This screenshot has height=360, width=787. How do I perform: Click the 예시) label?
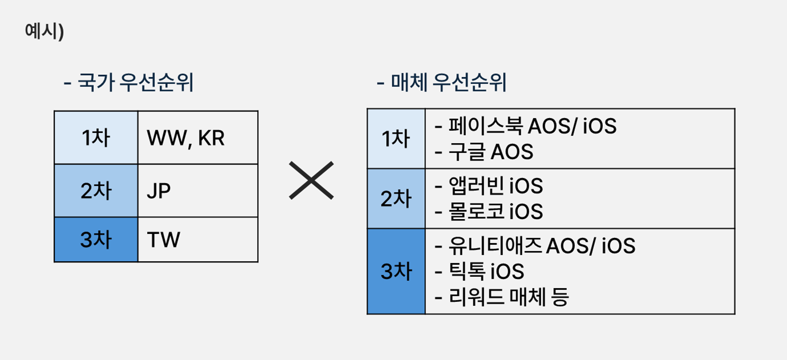coord(44,31)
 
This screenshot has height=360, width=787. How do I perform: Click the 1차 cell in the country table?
coord(96,137)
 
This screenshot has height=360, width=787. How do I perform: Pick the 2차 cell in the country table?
coord(96,191)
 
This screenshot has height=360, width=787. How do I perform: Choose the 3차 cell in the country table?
coord(96,240)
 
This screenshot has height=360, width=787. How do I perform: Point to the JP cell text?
coord(159,191)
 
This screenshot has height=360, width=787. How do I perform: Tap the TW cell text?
coord(163,240)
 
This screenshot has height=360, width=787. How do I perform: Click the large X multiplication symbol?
coord(311,180)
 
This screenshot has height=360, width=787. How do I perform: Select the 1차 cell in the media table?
coord(396,139)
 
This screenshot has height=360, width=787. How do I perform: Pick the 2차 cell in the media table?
coord(396,199)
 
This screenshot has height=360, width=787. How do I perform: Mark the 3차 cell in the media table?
coord(396,272)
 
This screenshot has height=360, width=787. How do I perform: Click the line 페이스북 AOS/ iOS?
coord(526,126)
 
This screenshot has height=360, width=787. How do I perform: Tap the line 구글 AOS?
coord(484,152)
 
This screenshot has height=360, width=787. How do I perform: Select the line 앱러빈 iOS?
coord(489,185)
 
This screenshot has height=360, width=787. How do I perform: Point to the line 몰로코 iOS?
coord(489,211)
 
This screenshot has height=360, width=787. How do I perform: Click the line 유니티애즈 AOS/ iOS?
coord(535,245)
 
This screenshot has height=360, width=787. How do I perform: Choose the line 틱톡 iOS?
coord(479,271)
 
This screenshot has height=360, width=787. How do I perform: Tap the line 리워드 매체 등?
coord(502,297)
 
